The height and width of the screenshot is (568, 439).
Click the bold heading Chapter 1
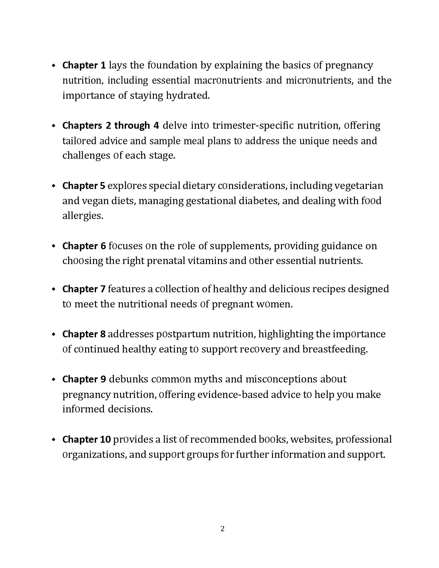tap(84, 65)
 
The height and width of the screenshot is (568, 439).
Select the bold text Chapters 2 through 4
tap(111, 125)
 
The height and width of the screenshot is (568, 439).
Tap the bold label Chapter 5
tap(84, 186)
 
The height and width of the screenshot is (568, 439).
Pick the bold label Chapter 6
tap(84, 246)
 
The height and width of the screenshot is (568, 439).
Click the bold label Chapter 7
tap(84, 289)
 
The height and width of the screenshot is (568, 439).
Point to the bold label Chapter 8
tap(84, 334)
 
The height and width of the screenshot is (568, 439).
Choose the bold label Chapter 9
tap(84, 379)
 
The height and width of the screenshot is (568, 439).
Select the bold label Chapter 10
tap(86, 439)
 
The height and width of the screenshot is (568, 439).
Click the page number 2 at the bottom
tap(222, 528)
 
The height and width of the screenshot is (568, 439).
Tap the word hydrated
tap(188, 95)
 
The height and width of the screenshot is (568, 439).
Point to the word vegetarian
tap(359, 186)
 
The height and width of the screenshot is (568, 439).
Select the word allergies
tap(83, 216)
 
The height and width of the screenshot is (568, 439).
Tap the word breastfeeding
tap(335, 349)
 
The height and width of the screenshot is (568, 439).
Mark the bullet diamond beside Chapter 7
tap(53, 289)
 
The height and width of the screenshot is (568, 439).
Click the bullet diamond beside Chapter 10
tap(53, 440)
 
